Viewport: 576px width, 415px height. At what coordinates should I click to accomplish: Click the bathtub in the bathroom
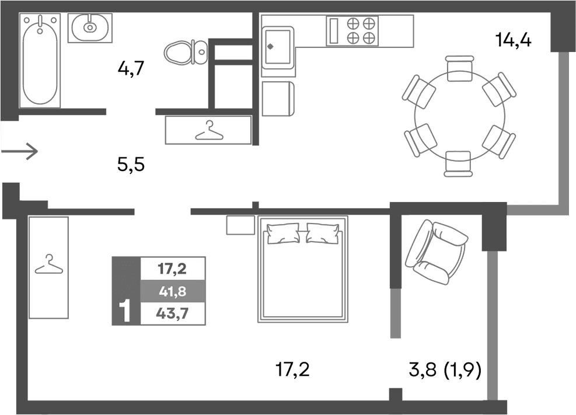40,61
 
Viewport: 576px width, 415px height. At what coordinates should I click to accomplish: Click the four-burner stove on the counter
361,30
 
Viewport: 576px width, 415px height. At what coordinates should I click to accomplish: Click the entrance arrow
20,152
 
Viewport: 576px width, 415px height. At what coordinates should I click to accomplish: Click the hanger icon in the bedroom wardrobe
48,265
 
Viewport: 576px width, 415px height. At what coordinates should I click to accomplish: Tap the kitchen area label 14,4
513,41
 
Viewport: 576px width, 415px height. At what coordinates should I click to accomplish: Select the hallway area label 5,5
130,166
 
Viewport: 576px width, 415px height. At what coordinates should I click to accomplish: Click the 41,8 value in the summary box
172,290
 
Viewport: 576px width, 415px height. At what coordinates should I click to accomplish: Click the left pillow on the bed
284,234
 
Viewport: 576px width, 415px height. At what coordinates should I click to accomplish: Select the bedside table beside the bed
240,225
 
